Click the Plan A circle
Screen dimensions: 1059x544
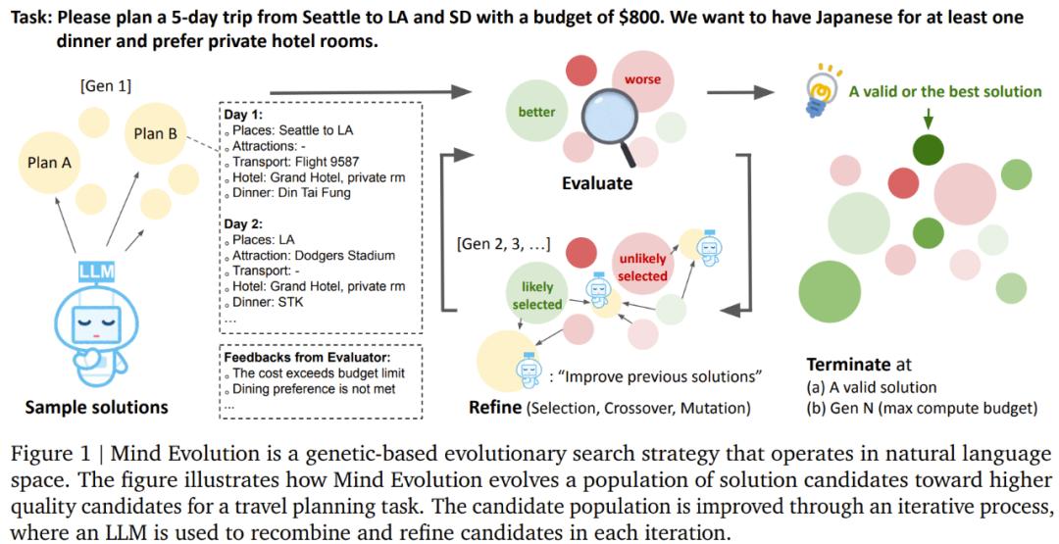(49, 162)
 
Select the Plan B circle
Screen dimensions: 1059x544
(155, 133)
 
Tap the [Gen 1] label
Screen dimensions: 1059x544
(106, 87)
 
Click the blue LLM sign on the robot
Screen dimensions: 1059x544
(96, 272)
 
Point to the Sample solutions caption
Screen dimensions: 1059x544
(96, 407)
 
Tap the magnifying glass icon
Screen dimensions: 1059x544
(608, 123)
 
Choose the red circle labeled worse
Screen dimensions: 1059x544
(642, 79)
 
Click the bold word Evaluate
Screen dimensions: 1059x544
(597, 183)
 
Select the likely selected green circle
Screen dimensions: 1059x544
(537, 296)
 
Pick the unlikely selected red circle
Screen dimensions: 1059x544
(642, 268)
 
